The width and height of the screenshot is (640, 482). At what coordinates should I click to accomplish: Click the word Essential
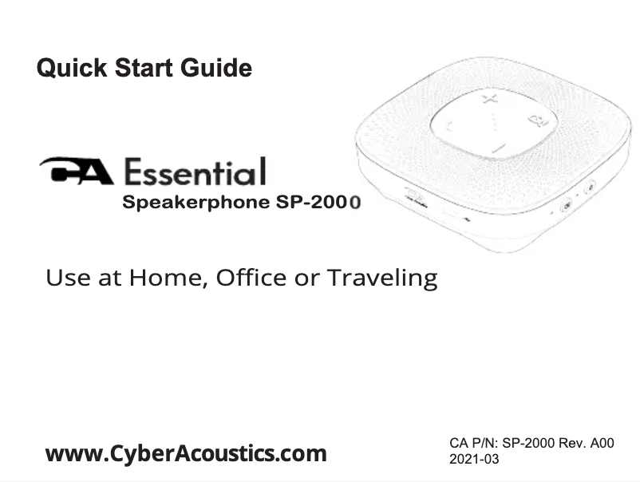(x=195, y=172)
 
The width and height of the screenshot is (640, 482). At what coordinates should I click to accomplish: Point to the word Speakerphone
(x=196, y=203)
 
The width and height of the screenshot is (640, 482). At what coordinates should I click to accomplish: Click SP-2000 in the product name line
(x=319, y=202)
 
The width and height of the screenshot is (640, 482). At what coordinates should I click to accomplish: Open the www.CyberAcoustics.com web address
(x=186, y=453)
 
